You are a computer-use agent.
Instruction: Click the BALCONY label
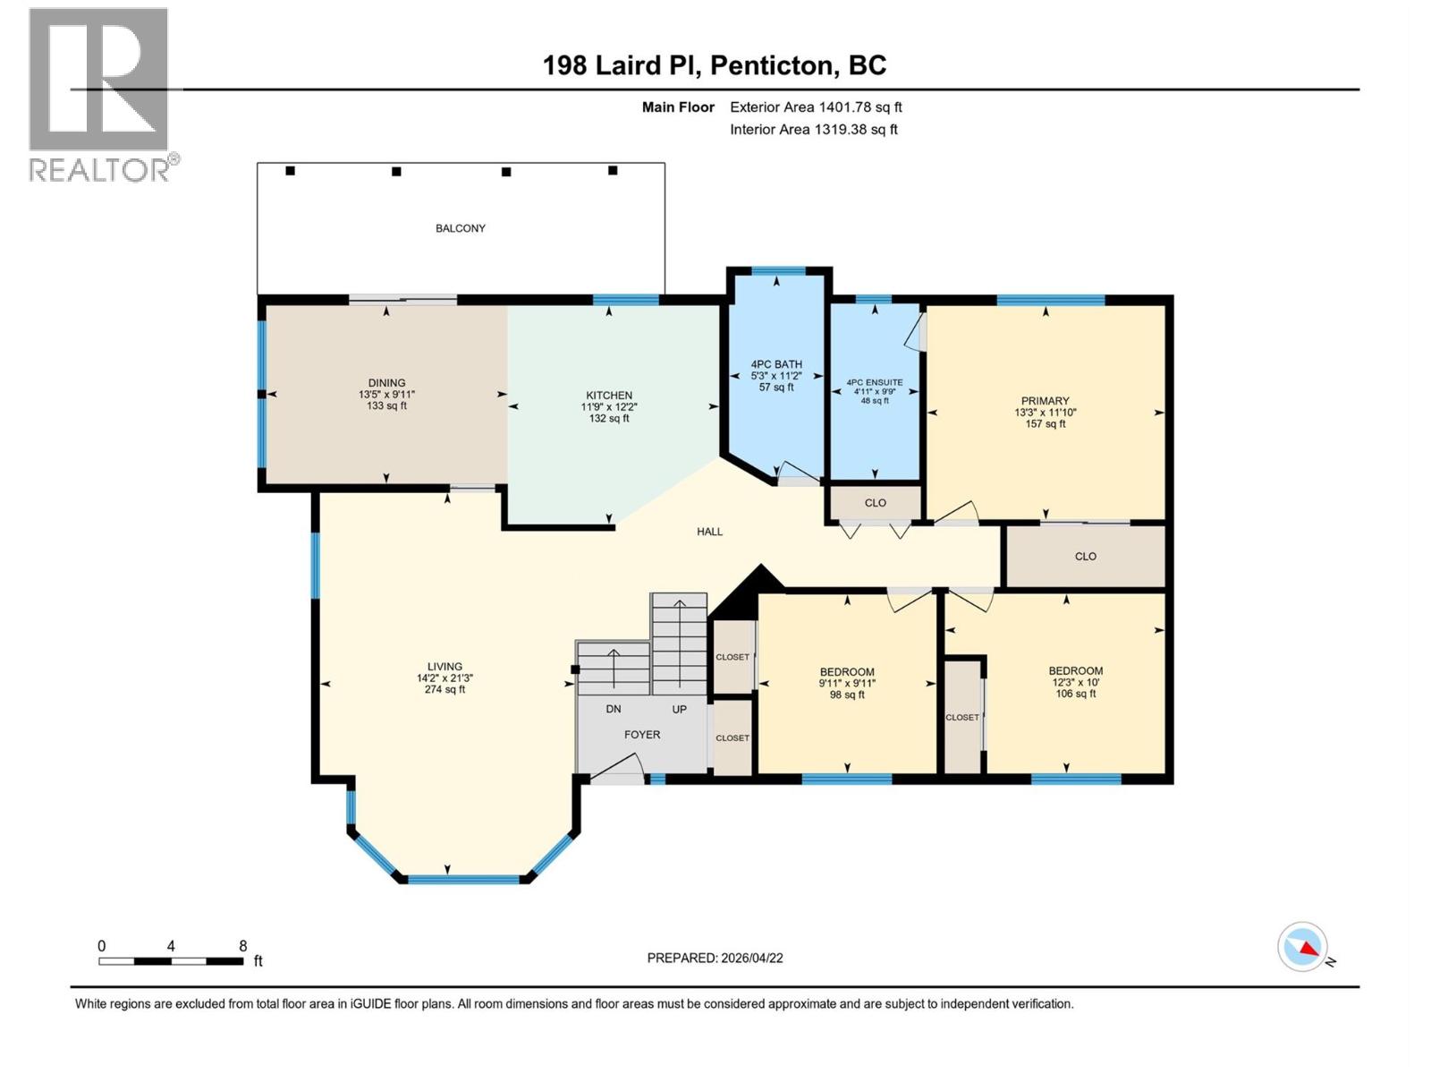[461, 228]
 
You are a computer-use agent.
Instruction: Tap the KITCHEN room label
[609, 395]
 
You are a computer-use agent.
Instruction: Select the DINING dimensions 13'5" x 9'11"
[386, 394]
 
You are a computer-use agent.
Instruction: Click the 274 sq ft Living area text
[445, 690]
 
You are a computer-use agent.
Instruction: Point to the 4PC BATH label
[776, 364]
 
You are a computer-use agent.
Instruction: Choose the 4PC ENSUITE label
[875, 382]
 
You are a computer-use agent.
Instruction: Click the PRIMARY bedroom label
[1045, 401]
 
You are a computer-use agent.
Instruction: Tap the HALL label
[710, 532]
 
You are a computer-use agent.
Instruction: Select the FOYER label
[642, 735]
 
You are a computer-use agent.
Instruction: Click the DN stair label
[614, 709]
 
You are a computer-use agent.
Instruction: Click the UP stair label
[680, 709]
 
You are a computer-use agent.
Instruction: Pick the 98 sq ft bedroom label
[847, 695]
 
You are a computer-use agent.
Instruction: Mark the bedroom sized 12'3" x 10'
[1075, 682]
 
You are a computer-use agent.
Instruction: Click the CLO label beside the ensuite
[876, 503]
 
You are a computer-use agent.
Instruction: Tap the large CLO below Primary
[1086, 557]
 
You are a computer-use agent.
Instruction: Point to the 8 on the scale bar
[242, 946]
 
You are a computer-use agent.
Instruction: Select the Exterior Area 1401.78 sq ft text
[816, 107]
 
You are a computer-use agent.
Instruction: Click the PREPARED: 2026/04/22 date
[715, 958]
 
